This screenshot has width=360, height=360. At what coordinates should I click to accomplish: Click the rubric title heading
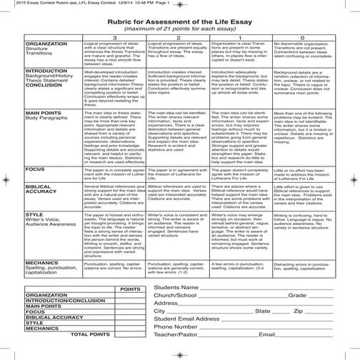click(180, 19)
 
